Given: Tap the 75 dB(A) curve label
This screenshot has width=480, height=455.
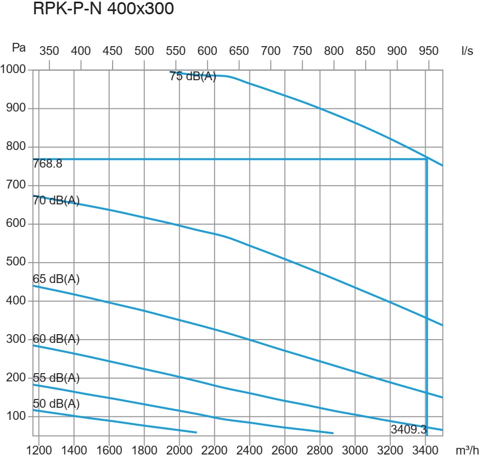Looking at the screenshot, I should pos(193,77).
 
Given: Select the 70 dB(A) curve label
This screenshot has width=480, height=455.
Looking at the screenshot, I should pos(56,201).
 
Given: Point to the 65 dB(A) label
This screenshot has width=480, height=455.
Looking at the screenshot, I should pos(56,279).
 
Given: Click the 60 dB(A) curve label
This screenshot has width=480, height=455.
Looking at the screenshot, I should pos(56,340).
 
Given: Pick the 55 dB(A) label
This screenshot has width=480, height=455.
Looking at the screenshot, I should pos(56,378).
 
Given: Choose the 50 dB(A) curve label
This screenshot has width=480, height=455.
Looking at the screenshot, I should pos(56,404).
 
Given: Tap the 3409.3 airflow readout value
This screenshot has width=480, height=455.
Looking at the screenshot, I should pos(408,429).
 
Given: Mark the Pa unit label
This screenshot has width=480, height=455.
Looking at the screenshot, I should pos(19,48).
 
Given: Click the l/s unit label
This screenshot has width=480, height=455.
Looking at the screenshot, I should pos(467,51).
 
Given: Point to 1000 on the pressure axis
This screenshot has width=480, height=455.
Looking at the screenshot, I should pos(13,70).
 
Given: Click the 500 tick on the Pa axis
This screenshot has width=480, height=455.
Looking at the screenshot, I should pos(16,262).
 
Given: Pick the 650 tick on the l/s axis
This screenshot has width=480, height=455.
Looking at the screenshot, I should pos(239,51).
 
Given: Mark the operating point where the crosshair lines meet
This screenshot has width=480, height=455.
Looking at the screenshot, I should pos(427,159).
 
